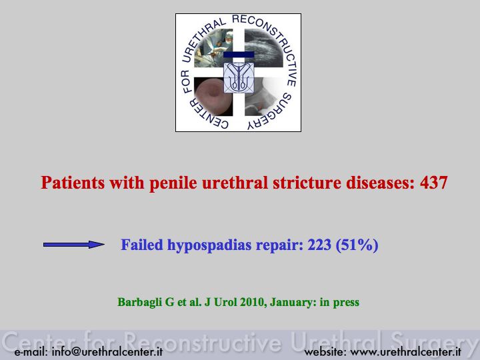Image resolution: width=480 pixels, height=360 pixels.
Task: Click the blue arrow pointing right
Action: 74,245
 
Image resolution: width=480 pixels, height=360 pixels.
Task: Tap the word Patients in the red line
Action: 73,183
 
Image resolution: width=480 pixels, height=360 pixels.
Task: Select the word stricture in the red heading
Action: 307,183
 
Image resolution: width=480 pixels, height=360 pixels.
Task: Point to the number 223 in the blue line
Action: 319,245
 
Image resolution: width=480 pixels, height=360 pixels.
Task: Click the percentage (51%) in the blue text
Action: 357,245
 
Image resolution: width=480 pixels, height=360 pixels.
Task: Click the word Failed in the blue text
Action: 142,245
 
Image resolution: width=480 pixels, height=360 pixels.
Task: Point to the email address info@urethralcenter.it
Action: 107,351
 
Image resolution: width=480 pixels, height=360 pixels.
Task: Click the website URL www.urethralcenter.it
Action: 405,352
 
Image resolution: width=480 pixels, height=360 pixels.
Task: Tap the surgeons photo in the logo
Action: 213,48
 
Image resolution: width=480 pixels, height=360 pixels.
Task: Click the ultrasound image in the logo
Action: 264,48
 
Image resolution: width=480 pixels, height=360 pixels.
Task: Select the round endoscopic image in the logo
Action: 213,97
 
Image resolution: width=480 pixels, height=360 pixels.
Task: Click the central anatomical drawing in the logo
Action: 239,78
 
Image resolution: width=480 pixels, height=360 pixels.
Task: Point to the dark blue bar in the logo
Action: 239,55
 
